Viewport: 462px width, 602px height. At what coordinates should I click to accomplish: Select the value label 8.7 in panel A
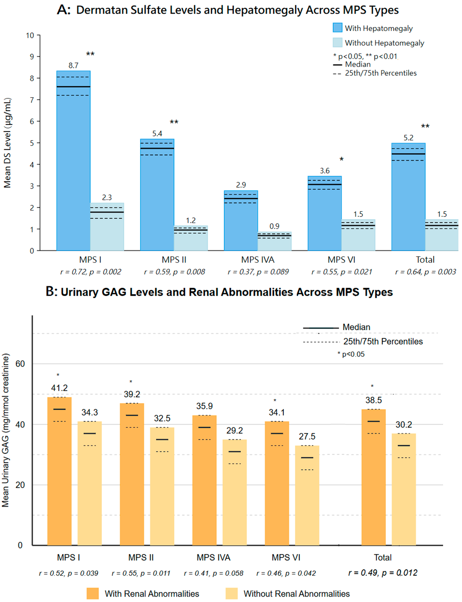pos(73,65)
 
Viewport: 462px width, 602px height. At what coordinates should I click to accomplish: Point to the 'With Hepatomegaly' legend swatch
pos(337,28)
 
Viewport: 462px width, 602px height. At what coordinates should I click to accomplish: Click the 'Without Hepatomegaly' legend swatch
pos(337,43)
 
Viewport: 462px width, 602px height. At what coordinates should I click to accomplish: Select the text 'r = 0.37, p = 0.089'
pos(258,272)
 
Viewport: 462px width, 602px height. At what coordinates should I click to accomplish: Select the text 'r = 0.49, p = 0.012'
pos(383,573)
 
